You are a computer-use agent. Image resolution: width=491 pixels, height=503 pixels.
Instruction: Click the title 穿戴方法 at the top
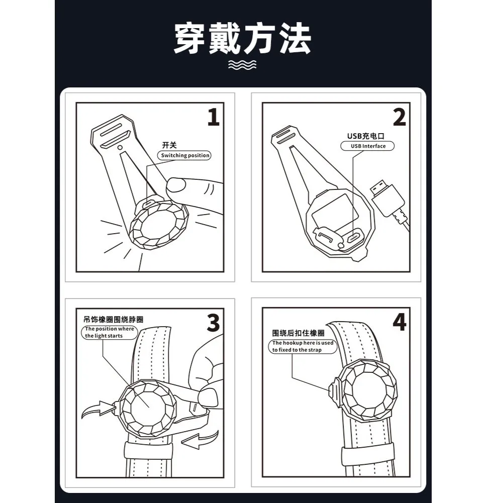click(x=243, y=38)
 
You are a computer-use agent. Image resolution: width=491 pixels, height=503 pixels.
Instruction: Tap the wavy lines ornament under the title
click(x=242, y=64)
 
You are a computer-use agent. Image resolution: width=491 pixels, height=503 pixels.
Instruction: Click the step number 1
click(x=214, y=117)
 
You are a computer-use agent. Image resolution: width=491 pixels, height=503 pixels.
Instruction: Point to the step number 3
click(x=214, y=323)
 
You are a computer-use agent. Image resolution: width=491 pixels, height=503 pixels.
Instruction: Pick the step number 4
click(x=400, y=322)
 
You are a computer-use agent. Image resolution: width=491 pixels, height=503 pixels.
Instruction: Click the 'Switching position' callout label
click(x=184, y=155)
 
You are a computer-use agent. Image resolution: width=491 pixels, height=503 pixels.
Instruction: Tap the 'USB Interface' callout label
click(x=367, y=146)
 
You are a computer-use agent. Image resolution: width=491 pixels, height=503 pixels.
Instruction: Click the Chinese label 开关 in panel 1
click(x=169, y=145)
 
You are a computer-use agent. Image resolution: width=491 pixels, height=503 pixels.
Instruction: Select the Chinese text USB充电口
click(x=365, y=136)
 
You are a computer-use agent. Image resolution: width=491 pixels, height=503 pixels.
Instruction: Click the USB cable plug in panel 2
click(x=387, y=197)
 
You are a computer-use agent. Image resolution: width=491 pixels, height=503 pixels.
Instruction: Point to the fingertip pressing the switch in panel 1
click(x=176, y=185)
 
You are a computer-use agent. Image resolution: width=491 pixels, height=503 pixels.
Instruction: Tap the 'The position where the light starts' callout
click(x=110, y=332)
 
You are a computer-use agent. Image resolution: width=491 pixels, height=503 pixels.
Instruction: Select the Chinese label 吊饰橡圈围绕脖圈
click(x=113, y=320)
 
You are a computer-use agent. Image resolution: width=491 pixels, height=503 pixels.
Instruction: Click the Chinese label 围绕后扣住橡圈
click(x=298, y=333)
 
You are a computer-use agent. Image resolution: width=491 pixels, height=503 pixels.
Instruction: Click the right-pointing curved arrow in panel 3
click(x=98, y=409)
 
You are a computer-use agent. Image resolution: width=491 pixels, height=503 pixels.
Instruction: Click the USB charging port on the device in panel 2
click(x=354, y=238)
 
